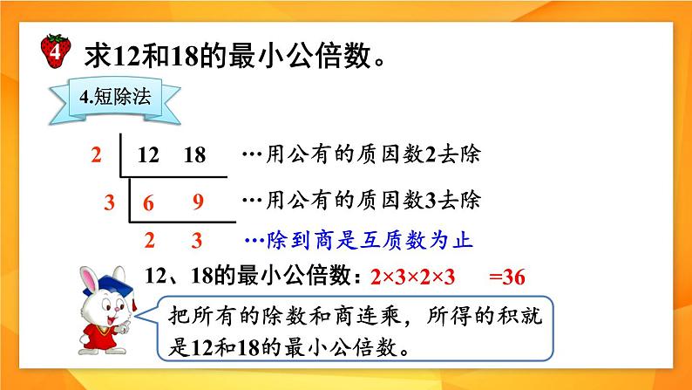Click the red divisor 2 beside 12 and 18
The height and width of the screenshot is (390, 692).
pos(96,155)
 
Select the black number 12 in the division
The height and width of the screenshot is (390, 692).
pos(149,155)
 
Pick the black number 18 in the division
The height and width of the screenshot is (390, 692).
pos(195,155)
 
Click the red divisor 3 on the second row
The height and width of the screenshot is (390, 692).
pos(109,202)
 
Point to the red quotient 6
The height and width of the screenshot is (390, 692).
pos(149,202)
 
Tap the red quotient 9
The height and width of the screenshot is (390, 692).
pos(198,202)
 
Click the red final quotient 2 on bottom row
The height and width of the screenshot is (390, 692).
pos(149,239)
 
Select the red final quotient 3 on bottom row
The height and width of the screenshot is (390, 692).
pos(198,239)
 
